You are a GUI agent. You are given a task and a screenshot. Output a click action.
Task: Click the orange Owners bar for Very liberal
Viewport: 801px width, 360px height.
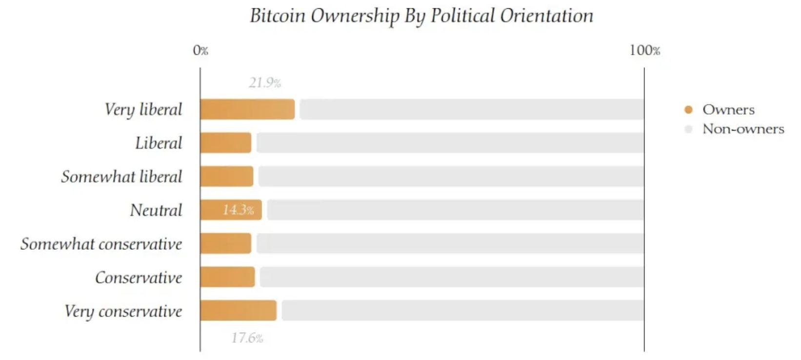(x=247, y=109)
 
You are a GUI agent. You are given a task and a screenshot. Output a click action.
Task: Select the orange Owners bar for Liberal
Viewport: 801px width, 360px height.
(x=225, y=143)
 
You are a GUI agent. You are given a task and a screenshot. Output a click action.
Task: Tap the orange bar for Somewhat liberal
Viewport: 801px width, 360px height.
(x=226, y=177)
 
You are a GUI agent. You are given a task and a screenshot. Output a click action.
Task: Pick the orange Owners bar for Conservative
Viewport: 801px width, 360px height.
(x=227, y=277)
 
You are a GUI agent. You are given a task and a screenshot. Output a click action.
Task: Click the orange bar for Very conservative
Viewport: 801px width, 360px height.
(x=238, y=311)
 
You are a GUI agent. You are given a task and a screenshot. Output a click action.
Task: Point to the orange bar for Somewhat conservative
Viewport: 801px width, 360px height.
(x=225, y=243)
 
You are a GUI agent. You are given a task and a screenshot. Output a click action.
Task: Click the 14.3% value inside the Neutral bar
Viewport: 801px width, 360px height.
(x=238, y=210)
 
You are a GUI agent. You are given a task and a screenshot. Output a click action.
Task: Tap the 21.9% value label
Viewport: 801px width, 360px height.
(x=265, y=83)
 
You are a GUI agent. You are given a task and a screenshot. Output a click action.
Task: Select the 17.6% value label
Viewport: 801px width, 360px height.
(x=247, y=338)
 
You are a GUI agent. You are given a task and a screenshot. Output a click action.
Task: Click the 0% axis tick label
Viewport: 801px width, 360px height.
(x=200, y=50)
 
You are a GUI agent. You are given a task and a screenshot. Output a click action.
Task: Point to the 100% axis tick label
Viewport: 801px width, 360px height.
(x=644, y=50)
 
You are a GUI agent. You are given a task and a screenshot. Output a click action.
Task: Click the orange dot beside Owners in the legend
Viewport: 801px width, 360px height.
(x=688, y=110)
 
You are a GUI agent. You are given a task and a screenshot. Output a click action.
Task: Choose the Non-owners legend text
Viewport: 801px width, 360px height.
(x=743, y=129)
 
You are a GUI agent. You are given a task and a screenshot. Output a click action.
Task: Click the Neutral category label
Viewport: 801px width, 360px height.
(x=156, y=210)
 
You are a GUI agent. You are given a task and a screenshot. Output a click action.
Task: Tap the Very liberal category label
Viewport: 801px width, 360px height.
(x=143, y=109)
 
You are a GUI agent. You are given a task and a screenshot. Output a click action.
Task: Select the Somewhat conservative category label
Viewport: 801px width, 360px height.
(x=101, y=243)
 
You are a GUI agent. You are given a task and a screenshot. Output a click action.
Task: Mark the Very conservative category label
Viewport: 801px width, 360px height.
(x=123, y=311)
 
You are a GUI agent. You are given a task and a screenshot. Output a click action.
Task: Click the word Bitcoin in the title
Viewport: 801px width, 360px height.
(x=278, y=16)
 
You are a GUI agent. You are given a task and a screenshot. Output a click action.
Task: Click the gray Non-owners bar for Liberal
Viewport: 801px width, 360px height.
(x=450, y=143)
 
